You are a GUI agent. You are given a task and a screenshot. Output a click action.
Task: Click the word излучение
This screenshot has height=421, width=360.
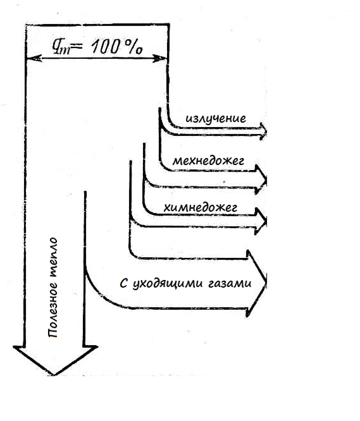[x=216, y=119]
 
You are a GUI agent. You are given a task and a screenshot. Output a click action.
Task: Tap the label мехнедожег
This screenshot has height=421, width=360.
[x=208, y=161]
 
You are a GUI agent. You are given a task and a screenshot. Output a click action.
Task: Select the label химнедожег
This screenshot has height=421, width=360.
[x=201, y=207]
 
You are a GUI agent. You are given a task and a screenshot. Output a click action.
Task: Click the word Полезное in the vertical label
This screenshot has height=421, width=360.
[x=53, y=310]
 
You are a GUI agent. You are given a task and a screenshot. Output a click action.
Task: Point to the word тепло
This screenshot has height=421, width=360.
[x=53, y=257]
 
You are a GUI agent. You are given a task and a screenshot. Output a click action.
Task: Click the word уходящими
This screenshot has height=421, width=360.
[x=168, y=284]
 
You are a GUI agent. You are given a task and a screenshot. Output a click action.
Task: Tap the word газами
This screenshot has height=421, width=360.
[x=230, y=283]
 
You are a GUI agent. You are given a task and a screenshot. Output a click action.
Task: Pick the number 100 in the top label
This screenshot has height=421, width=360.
[x=105, y=46]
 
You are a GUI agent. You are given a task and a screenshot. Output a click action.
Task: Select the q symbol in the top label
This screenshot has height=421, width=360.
[x=61, y=47]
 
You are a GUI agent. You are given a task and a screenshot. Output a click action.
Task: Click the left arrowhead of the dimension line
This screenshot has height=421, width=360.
[x=34, y=58]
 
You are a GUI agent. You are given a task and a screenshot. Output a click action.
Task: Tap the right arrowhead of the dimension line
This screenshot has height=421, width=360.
[x=159, y=58]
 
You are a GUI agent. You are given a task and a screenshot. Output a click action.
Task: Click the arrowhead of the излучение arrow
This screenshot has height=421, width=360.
[x=263, y=131]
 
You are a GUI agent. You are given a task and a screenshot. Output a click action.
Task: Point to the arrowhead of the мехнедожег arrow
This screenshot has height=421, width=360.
[x=261, y=180]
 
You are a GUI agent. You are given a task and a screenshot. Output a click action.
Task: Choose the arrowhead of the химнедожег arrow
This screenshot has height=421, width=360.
[x=261, y=221]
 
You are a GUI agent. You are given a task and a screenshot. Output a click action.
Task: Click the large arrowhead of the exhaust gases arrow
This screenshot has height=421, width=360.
[x=257, y=283]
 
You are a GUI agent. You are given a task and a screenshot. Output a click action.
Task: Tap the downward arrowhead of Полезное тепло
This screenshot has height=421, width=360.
[x=55, y=360]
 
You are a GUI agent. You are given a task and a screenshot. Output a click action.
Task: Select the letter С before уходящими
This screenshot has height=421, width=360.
[x=123, y=283]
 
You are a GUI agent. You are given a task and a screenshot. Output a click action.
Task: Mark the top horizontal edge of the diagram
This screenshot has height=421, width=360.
[x=97, y=25]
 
